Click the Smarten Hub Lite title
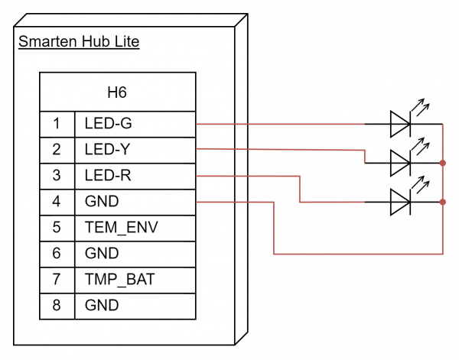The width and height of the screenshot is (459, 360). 79,41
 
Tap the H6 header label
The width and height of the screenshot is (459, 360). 117,92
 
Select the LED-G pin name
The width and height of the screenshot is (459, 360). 109,123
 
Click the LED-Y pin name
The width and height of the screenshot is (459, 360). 107,150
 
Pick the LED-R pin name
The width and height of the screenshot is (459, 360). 108,176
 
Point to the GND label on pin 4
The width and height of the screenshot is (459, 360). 102,201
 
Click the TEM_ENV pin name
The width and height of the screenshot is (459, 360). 122,228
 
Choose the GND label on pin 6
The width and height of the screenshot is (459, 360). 102,253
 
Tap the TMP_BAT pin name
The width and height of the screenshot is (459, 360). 120,279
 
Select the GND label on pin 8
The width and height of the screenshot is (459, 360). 102,305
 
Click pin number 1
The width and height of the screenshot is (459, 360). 57,123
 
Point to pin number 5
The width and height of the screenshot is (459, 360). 57,227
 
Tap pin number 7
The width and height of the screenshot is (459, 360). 57,279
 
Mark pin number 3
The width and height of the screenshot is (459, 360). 57,175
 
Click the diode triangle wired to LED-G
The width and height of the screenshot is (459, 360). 400,124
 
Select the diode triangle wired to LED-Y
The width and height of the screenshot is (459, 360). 400,163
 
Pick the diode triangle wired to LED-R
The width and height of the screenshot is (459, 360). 400,202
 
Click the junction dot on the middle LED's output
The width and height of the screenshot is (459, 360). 443,163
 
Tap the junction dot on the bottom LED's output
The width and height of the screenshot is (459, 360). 443,202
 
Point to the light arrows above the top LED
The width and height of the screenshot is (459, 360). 421,107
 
